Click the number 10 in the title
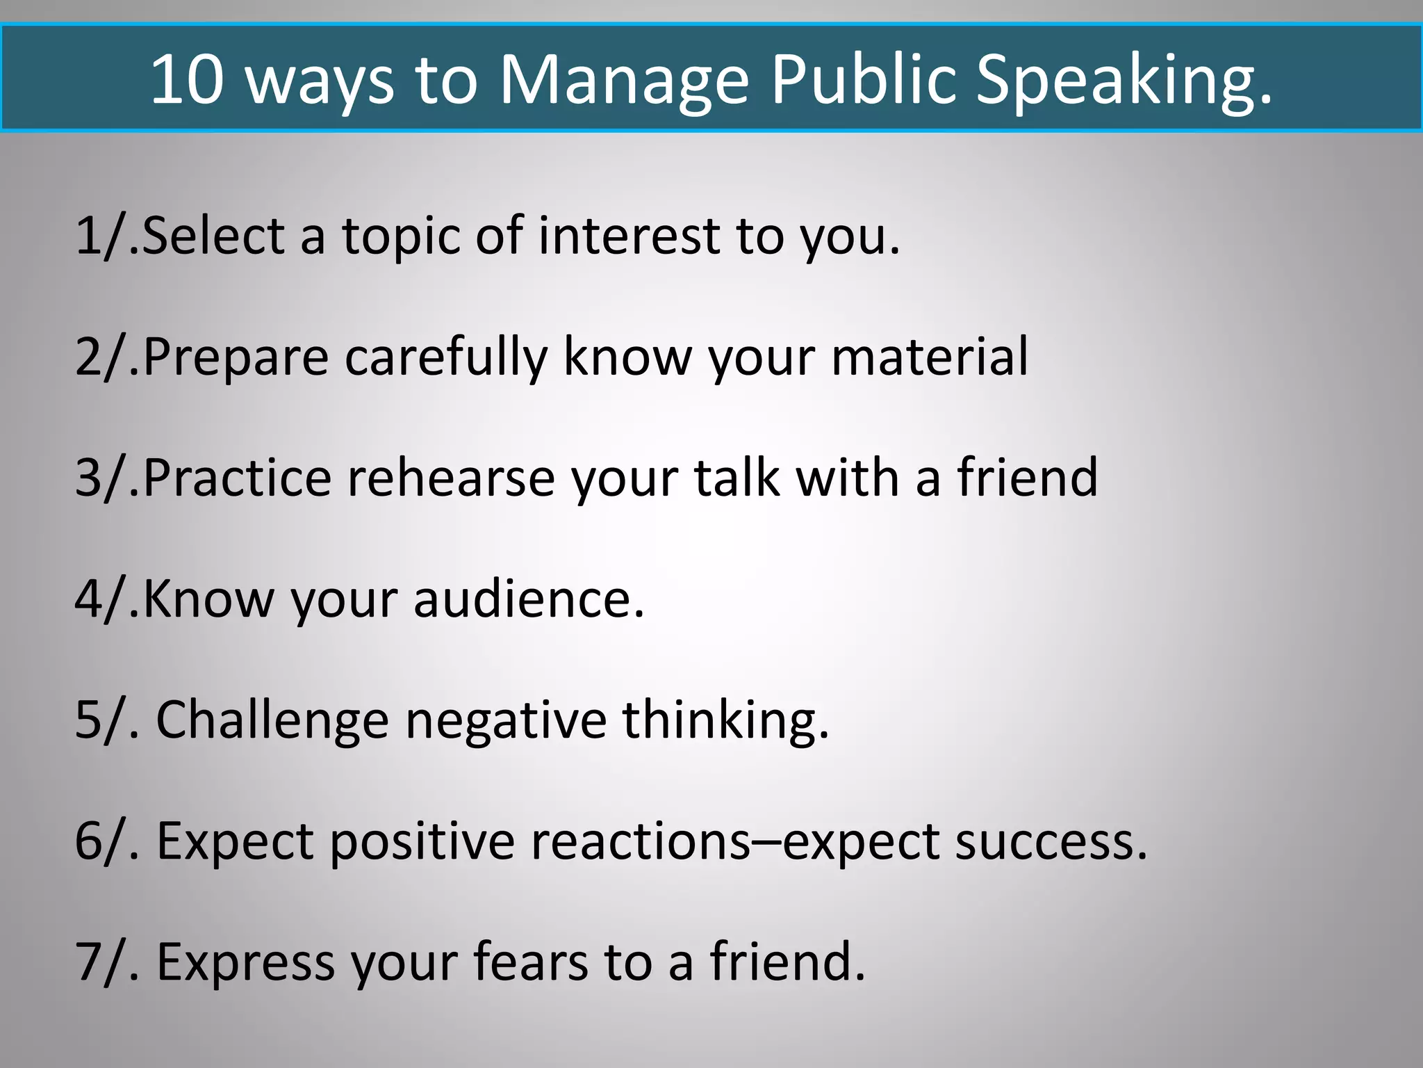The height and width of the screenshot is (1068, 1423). click(x=187, y=79)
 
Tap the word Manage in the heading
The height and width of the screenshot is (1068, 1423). click(x=624, y=80)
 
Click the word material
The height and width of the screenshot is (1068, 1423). click(x=929, y=356)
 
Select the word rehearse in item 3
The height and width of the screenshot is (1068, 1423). click(x=451, y=478)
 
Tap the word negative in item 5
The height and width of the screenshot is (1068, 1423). click(x=506, y=720)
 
